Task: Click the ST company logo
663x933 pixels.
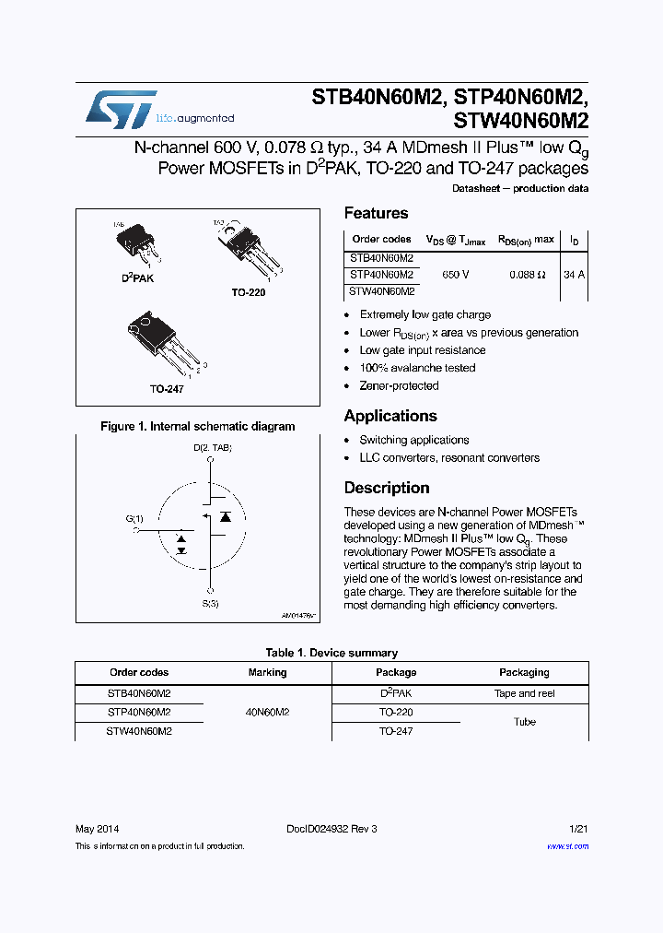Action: click(121, 110)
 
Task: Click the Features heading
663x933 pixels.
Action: click(376, 213)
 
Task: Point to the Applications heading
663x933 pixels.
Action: click(390, 416)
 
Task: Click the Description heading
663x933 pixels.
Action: click(387, 488)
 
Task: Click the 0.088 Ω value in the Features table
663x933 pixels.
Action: click(528, 275)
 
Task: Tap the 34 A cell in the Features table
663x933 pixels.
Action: click(574, 275)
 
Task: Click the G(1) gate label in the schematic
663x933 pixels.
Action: click(134, 518)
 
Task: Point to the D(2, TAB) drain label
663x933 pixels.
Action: click(212, 448)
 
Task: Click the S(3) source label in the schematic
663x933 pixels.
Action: click(211, 604)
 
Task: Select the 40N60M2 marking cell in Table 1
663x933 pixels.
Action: click(267, 712)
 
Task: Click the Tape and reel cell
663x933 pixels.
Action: click(524, 693)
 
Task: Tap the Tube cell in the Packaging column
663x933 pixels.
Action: click(524, 722)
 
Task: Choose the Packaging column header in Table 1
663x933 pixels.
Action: click(524, 672)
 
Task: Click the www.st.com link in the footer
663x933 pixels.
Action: click(567, 845)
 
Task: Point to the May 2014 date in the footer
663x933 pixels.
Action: click(97, 829)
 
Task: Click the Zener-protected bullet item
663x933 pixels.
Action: click(399, 385)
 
